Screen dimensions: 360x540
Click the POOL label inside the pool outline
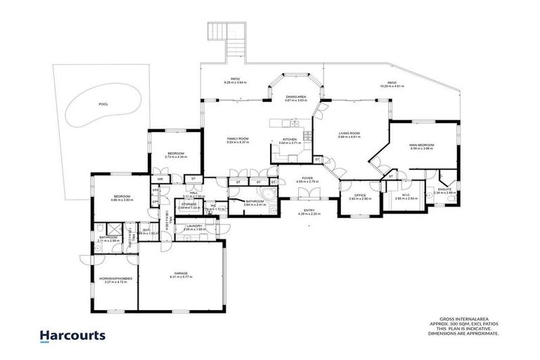(x=103, y=104)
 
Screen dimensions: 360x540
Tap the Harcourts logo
(x=72, y=335)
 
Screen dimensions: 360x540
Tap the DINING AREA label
(x=295, y=97)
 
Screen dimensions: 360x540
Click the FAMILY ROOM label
(x=238, y=139)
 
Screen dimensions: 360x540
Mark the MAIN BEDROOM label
(x=422, y=145)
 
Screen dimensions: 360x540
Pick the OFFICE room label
(x=359, y=195)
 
